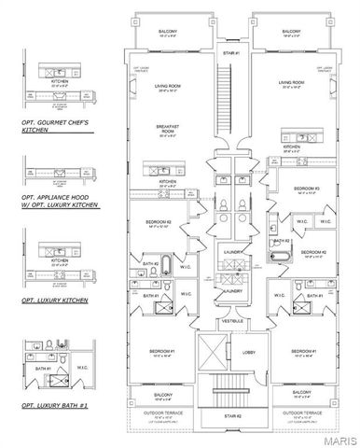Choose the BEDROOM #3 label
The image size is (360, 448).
coord(308,188)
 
